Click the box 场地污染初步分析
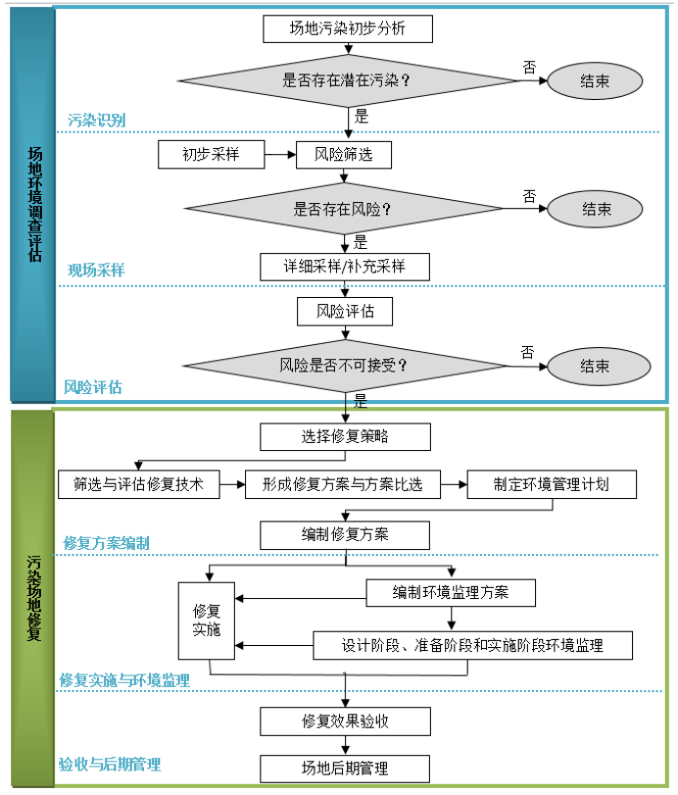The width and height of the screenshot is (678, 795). tap(347, 28)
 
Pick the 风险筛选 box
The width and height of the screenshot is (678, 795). tap(343, 154)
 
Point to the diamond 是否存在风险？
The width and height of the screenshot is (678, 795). tap(343, 209)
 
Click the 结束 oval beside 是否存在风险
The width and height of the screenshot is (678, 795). tap(597, 209)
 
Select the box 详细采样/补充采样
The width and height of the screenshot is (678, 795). tap(345, 266)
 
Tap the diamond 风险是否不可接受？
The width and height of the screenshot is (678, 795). tap(345, 367)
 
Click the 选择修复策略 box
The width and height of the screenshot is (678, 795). tap(345, 435)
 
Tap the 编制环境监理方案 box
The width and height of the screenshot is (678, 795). tap(451, 592)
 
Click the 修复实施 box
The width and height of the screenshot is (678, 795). tap(207, 620)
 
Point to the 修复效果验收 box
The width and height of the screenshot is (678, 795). tap(345, 721)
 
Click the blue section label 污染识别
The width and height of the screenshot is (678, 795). tap(96, 121)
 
